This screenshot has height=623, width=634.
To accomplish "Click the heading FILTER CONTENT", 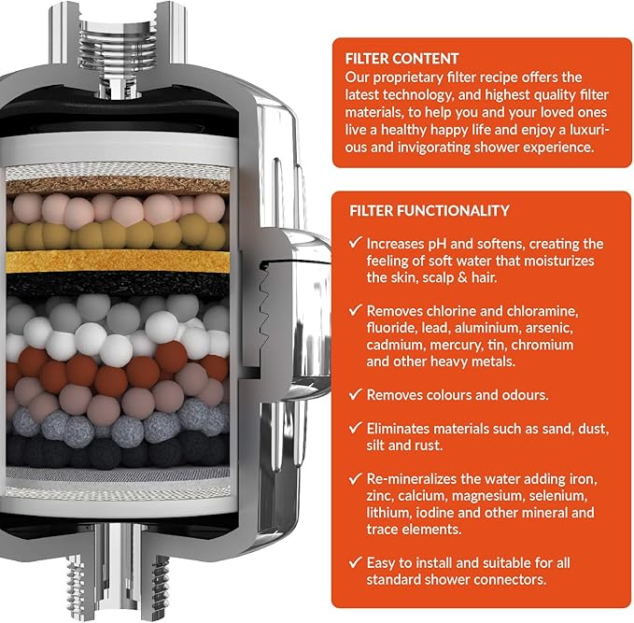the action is click(402, 59).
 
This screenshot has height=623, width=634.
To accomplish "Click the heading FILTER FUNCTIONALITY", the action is click(430, 211).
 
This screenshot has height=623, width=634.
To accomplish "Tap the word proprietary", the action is click(410, 78).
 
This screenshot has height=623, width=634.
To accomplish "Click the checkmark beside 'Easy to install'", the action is click(355, 561).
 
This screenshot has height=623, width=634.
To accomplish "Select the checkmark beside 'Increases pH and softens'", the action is click(355, 242).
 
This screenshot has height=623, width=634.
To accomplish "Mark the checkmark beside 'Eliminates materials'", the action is click(355, 427).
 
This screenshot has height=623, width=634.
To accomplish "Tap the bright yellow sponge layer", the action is click(118, 262).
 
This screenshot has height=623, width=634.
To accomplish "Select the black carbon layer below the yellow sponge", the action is click(118, 284).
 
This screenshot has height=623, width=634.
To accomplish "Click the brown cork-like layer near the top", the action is click(118, 185).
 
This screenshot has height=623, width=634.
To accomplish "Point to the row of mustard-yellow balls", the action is click(117, 234).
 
